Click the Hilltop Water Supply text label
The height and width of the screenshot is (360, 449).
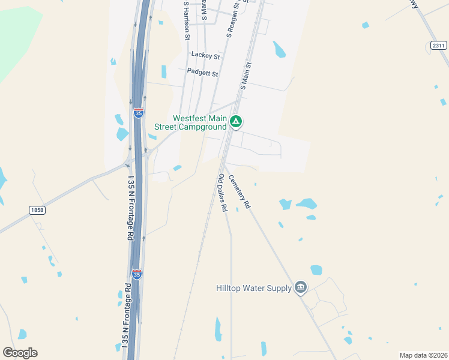[x=253, y=289]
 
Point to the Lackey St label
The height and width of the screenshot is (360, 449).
[x=205, y=55]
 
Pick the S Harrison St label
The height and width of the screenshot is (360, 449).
[x=187, y=21]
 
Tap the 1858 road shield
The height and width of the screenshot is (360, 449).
[x=37, y=209]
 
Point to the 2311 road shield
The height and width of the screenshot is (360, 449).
[x=438, y=46]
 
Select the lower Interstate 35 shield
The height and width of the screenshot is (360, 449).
[x=137, y=274]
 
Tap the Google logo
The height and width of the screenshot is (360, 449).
[x=20, y=353]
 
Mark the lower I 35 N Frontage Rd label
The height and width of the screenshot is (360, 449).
[x=126, y=316]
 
